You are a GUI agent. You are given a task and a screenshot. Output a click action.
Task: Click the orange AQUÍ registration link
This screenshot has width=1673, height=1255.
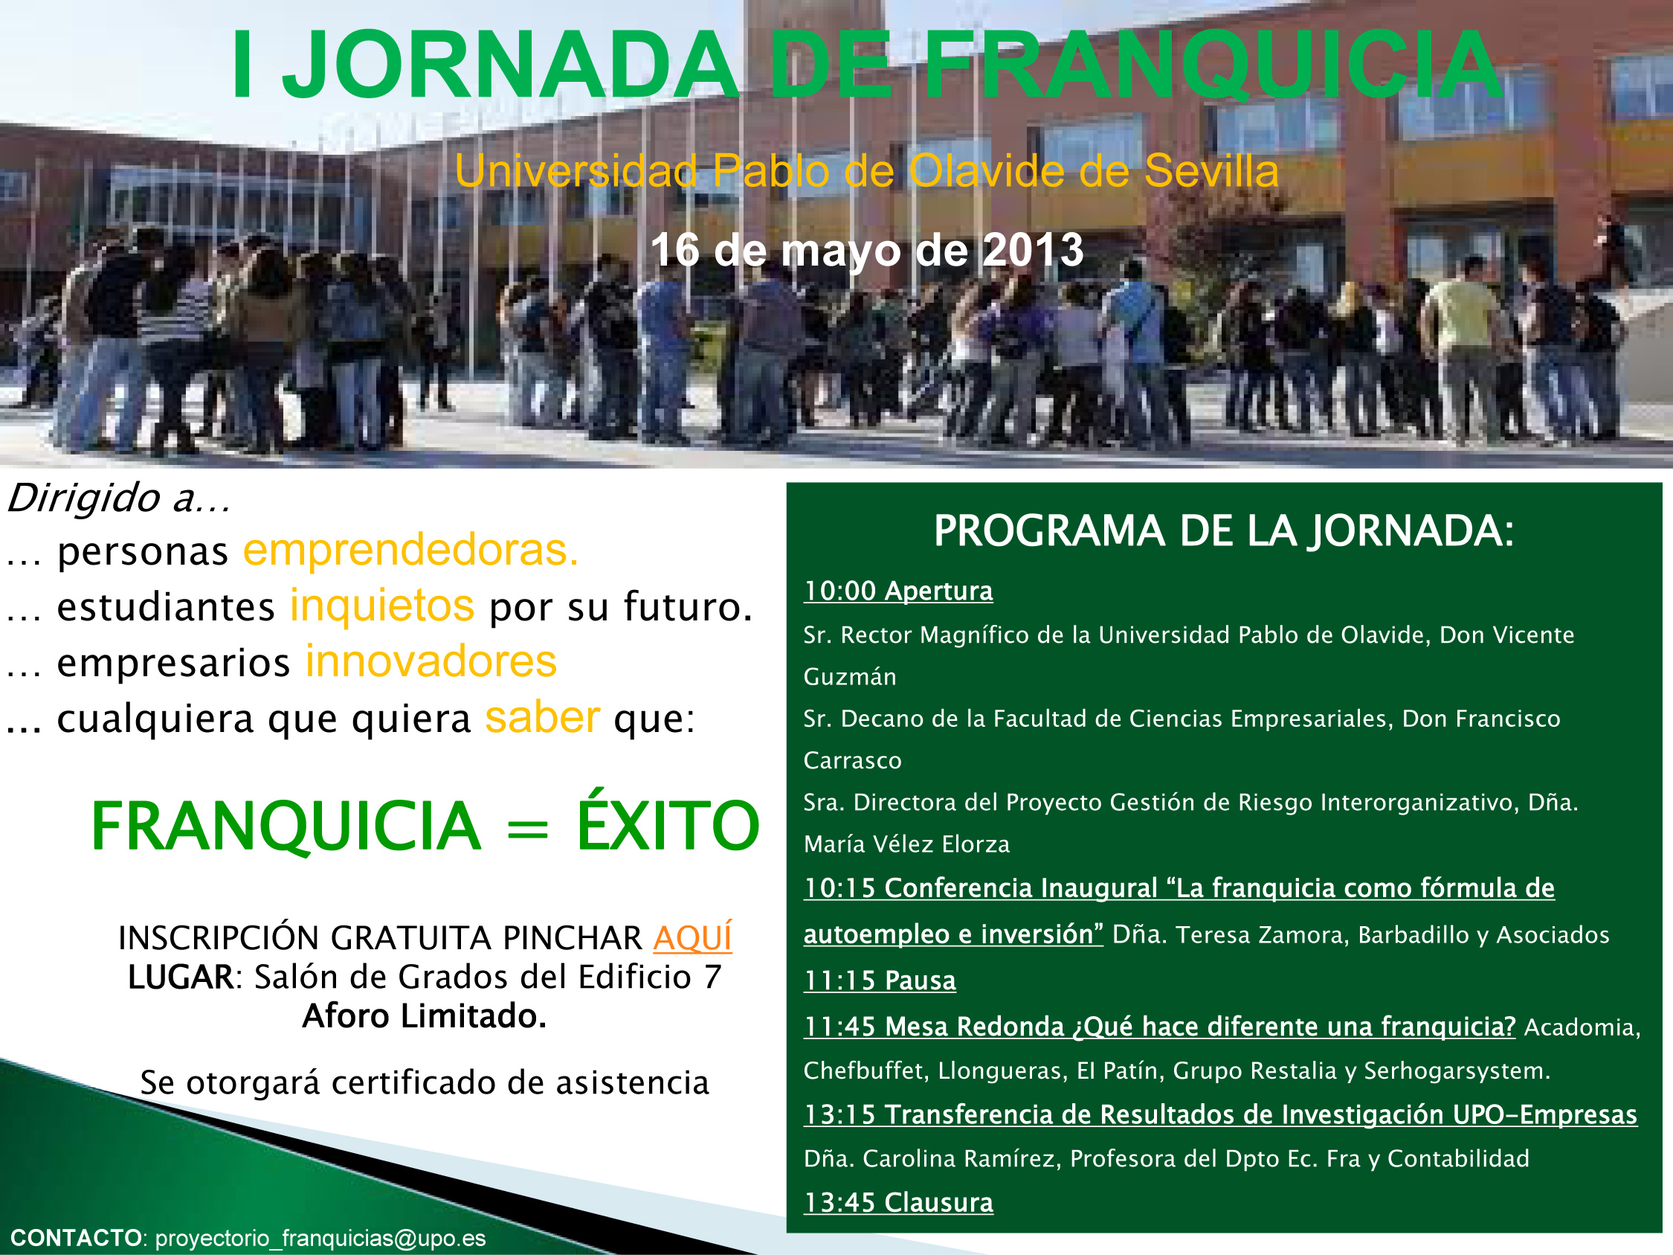tap(692, 937)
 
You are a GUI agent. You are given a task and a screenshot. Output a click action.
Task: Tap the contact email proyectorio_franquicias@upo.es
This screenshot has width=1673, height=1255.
tap(320, 1238)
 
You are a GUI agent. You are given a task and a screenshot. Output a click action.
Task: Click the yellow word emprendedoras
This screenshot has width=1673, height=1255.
tap(410, 549)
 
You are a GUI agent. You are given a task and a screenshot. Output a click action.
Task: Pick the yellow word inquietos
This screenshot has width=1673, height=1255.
tap(382, 606)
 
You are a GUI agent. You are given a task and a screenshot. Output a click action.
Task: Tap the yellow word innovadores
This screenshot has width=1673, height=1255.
tap(431, 661)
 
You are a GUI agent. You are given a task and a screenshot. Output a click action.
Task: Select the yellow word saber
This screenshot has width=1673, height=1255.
tap(542, 716)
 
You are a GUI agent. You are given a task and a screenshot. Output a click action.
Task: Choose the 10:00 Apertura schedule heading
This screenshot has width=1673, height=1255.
tap(897, 591)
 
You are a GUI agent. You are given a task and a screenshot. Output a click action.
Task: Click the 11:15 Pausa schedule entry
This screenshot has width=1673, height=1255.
tap(880, 980)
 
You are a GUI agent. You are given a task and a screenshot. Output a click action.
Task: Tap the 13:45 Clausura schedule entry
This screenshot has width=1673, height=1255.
tap(897, 1202)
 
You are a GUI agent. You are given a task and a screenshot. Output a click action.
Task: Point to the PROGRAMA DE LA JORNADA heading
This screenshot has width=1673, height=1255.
tap(1224, 530)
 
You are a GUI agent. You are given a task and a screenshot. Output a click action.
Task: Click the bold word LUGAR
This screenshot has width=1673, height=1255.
tap(181, 977)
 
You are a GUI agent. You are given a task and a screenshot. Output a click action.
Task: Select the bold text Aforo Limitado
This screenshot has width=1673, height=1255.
tap(425, 1016)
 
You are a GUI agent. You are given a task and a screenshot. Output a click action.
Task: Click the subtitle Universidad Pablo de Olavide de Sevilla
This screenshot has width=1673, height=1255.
tap(867, 170)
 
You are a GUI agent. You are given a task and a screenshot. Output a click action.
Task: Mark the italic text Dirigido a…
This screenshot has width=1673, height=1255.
tap(118, 498)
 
